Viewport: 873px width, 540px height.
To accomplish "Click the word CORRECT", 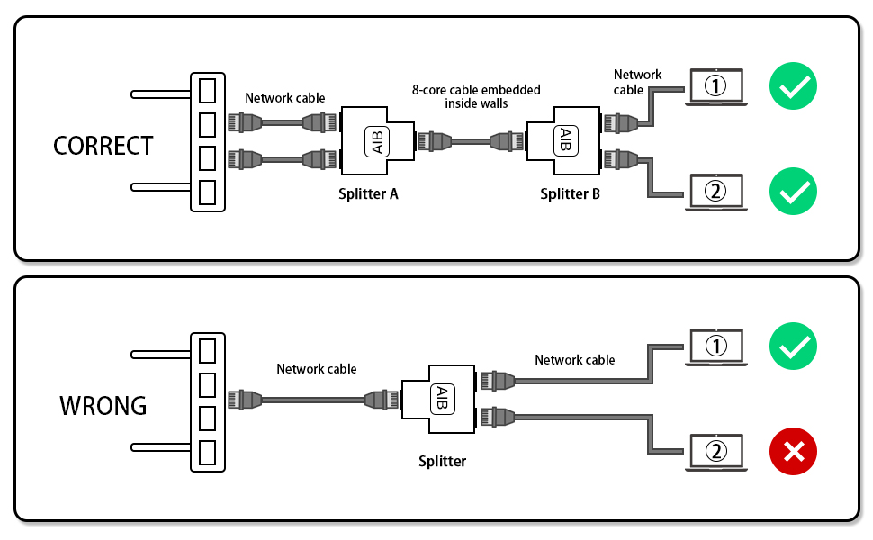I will [x=103, y=146].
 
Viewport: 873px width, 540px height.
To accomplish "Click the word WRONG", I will [x=103, y=405].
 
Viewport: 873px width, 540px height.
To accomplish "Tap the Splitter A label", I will [x=368, y=193].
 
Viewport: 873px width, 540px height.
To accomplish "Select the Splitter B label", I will [x=570, y=193].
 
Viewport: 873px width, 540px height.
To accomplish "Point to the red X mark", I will [x=793, y=452].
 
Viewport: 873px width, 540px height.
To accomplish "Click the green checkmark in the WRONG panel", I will [x=793, y=347].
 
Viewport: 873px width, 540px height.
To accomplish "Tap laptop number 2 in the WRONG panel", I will [x=715, y=452].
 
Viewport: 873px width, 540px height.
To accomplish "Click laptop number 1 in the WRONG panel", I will [x=715, y=347].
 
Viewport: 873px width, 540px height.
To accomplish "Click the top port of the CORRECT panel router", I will [x=208, y=91].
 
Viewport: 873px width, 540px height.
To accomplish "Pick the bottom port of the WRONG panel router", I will [x=208, y=452].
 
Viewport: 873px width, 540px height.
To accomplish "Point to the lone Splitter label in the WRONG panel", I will [x=442, y=462].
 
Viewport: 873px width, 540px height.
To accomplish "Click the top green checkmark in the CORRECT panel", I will [x=793, y=88].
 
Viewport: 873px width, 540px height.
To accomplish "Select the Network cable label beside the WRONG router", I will [x=316, y=369].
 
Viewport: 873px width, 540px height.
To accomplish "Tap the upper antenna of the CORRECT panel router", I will [x=161, y=93].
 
